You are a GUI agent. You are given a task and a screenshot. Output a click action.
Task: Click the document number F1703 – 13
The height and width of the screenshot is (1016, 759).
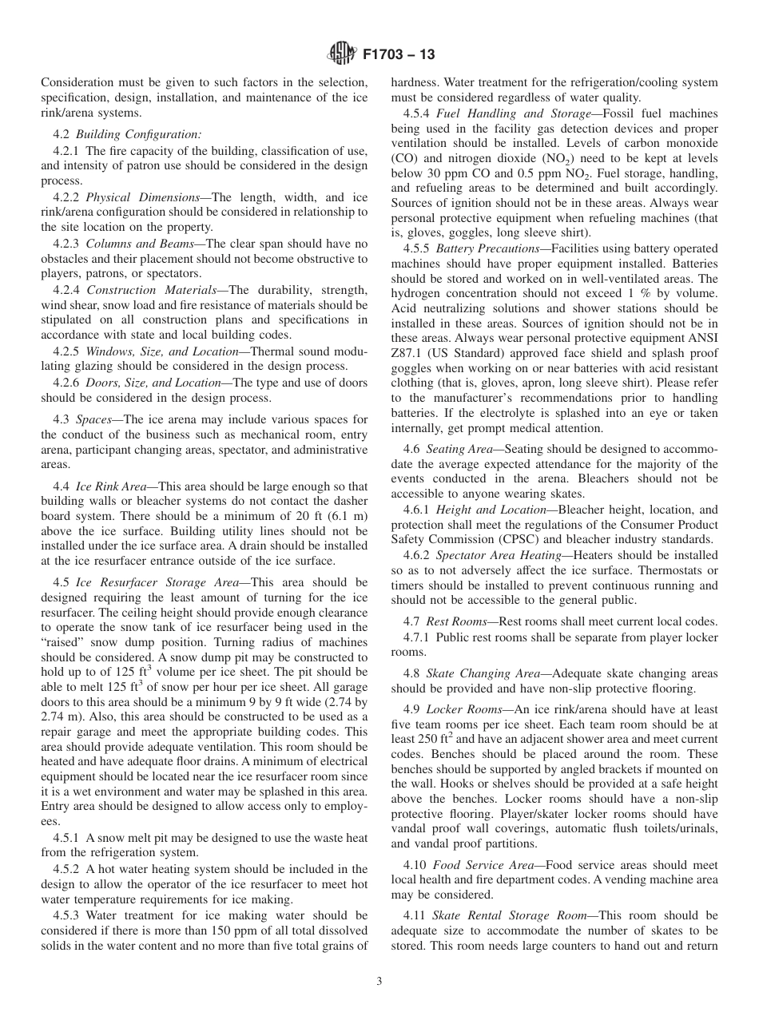[x=398, y=55]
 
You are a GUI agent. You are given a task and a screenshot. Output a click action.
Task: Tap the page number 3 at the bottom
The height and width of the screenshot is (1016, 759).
[x=379, y=982]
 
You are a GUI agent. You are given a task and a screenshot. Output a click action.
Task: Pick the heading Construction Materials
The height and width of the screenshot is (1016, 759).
[x=152, y=289]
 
